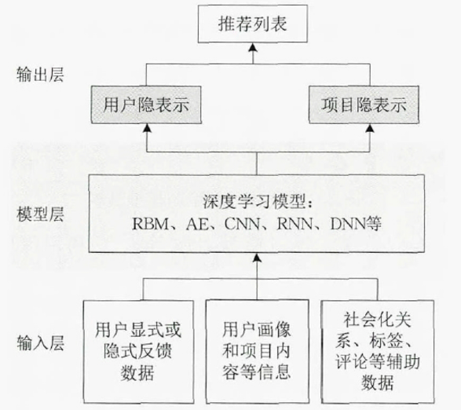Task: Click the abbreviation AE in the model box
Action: coord(192,223)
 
